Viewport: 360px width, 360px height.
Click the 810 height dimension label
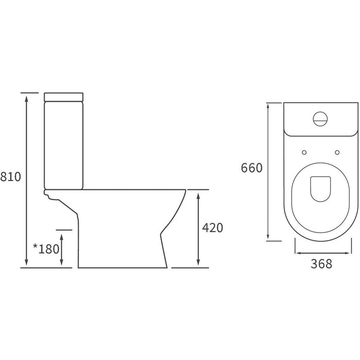pos(11,177)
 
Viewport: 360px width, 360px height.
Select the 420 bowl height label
pos(213,227)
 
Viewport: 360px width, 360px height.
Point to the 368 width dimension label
pos(321,264)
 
